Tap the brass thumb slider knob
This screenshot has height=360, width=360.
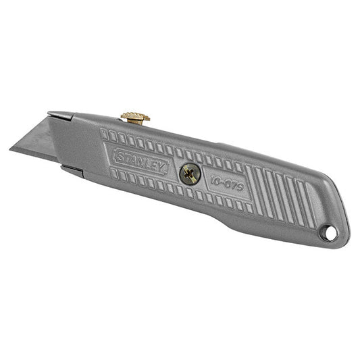pyautogui.click(x=135, y=118)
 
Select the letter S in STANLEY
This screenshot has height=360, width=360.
pyautogui.click(x=120, y=156)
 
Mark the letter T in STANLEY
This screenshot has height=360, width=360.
pyautogui.click(x=128, y=158)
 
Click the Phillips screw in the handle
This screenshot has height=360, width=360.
pyautogui.click(x=190, y=175)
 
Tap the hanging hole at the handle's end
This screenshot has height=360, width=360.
pyautogui.click(x=329, y=232)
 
